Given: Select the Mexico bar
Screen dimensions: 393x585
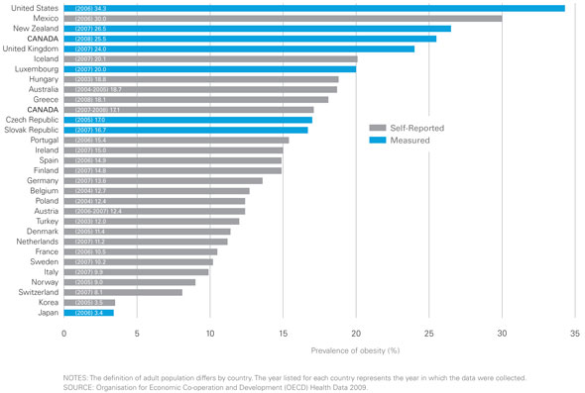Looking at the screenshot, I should (x=283, y=18).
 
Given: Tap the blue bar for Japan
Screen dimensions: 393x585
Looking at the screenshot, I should (x=88, y=312).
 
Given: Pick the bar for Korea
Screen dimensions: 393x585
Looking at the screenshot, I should (x=89, y=302).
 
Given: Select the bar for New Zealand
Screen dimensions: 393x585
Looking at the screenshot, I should (x=257, y=29).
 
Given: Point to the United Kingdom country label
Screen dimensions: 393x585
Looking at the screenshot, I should (x=29, y=49).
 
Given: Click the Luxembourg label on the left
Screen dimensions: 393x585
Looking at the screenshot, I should (x=32, y=69).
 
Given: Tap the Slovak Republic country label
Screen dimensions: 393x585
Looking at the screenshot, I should (x=30, y=130).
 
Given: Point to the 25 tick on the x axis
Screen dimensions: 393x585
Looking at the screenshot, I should (x=429, y=334).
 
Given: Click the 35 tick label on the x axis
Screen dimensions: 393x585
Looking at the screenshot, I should (x=575, y=334).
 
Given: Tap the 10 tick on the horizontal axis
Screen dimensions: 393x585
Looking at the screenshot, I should (x=210, y=334).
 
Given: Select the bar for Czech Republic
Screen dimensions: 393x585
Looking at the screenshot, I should (x=188, y=120).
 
